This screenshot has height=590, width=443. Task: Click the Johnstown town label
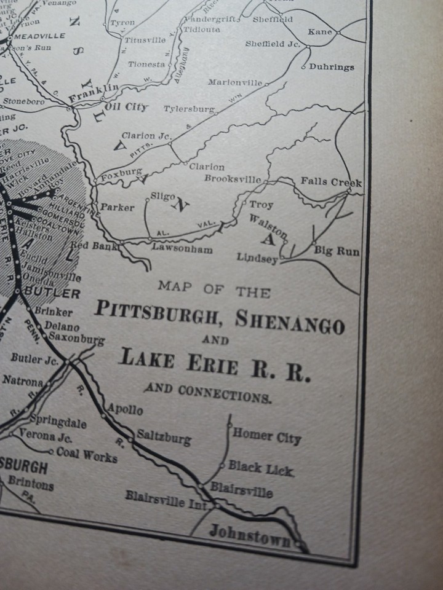249,533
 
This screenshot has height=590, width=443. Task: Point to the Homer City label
267,436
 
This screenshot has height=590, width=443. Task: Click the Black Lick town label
261,468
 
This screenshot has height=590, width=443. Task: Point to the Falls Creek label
331,183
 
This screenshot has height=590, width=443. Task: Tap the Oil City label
127,107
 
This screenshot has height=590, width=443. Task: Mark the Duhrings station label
332,67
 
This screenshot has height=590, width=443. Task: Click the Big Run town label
337,251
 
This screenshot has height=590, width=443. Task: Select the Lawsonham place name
183,250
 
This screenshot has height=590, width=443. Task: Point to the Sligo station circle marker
146,199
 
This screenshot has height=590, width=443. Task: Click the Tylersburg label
189,109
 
